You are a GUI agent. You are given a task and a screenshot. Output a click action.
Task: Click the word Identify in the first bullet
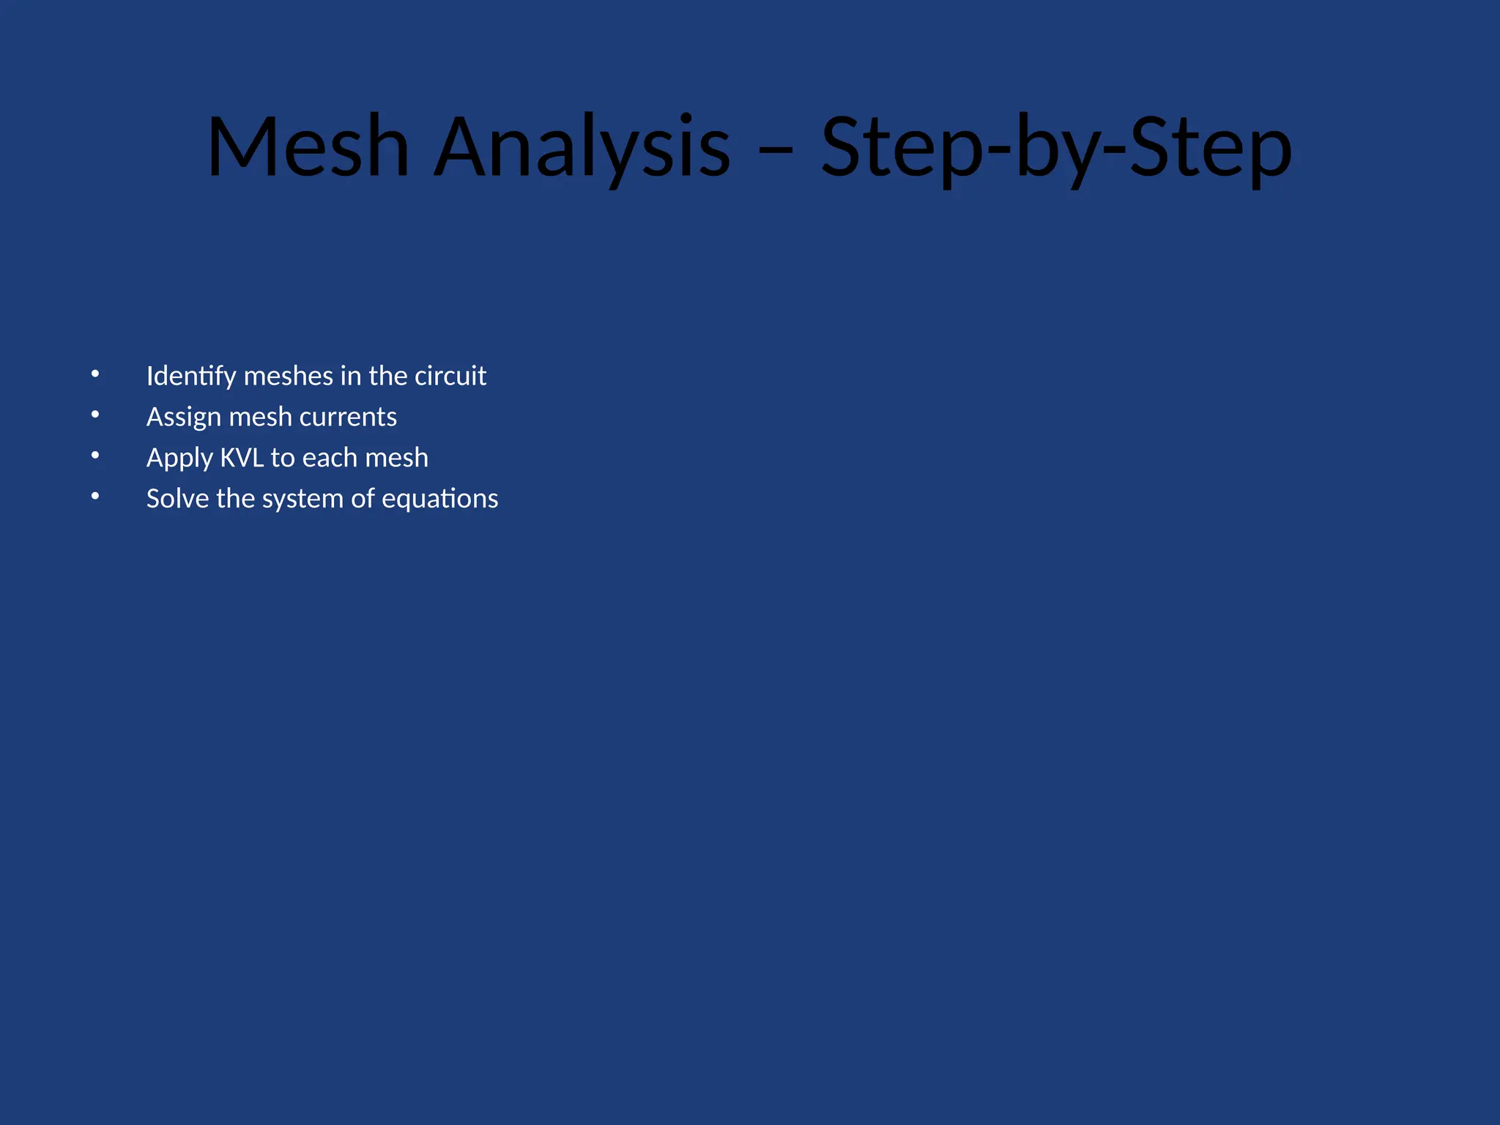[191, 376]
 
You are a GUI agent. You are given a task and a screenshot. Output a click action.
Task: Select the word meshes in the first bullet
[288, 376]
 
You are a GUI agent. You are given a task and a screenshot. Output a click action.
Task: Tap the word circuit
[450, 376]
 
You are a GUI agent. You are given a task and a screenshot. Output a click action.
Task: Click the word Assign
[184, 417]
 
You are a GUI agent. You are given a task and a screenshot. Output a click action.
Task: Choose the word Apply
[179, 458]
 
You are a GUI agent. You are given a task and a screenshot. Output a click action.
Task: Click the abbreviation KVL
[242, 458]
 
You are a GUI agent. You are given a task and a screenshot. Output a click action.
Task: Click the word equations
[439, 500]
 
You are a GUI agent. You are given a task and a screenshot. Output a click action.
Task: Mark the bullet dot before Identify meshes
[95, 375]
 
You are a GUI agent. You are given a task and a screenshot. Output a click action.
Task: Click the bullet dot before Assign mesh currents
[95, 415]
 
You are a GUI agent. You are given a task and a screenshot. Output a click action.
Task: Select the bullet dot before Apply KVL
[95, 456]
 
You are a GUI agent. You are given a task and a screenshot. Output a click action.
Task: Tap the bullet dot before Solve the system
[95, 497]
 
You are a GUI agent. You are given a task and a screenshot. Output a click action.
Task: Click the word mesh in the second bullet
[260, 417]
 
